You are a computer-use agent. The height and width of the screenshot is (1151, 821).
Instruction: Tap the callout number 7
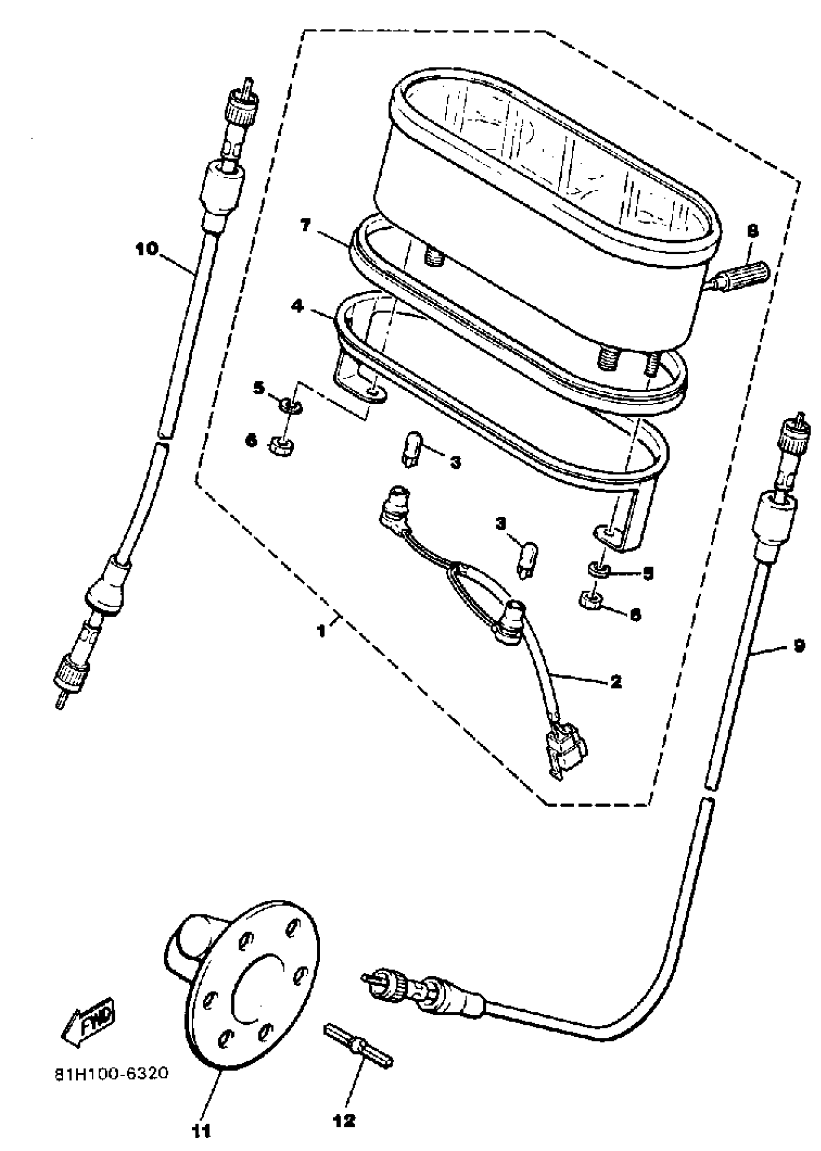click(305, 227)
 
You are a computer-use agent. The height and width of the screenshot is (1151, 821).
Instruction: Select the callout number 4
click(298, 306)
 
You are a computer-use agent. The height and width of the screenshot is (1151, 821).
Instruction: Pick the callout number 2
click(616, 682)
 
